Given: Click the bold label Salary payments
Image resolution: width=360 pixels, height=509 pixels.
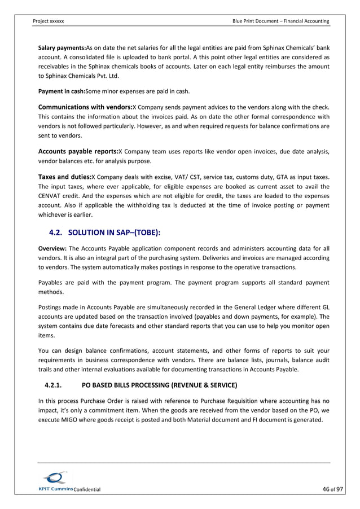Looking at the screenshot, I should pyautogui.click(x=61, y=47).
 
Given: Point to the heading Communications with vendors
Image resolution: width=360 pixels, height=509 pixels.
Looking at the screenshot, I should pyautogui.click(x=85, y=107).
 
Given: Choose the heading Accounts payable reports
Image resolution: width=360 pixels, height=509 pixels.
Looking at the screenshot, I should pyautogui.click(x=78, y=151).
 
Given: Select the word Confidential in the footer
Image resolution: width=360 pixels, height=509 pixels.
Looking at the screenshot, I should pyautogui.click(x=87, y=489).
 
